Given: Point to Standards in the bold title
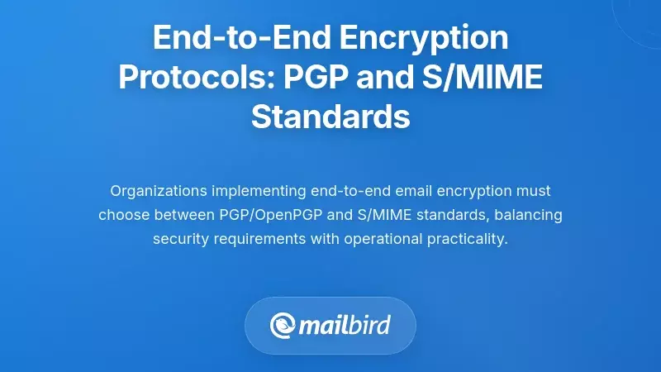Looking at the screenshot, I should coord(330,117).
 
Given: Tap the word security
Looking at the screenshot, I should coord(181,239).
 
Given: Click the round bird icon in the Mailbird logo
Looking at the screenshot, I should coord(283,325).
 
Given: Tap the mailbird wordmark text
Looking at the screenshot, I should coord(346,324).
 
